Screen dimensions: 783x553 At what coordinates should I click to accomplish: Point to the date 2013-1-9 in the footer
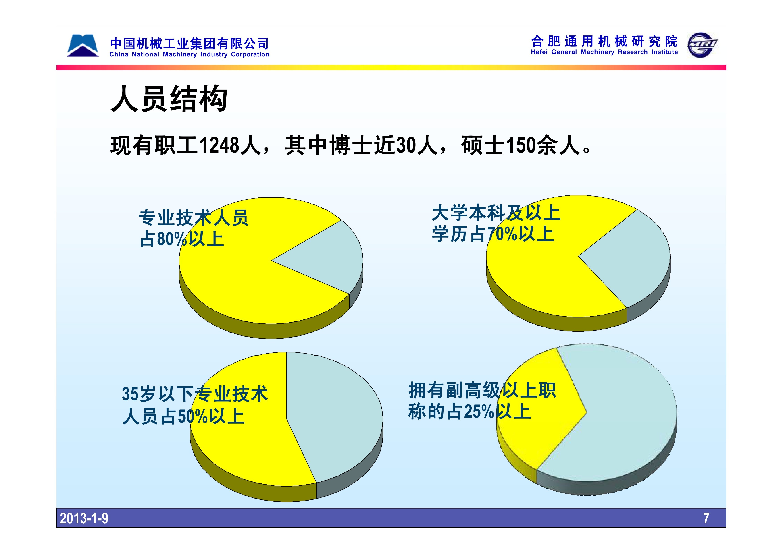(84, 518)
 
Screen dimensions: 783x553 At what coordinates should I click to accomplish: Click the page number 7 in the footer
(706, 518)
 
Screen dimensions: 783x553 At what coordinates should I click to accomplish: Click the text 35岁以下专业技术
(195, 394)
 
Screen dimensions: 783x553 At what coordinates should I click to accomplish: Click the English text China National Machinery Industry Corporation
(189, 54)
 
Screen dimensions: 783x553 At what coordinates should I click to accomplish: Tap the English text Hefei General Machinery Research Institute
(604, 52)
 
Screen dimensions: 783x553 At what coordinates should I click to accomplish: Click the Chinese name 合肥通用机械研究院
(604, 41)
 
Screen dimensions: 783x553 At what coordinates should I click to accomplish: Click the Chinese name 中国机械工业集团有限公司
(189, 44)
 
